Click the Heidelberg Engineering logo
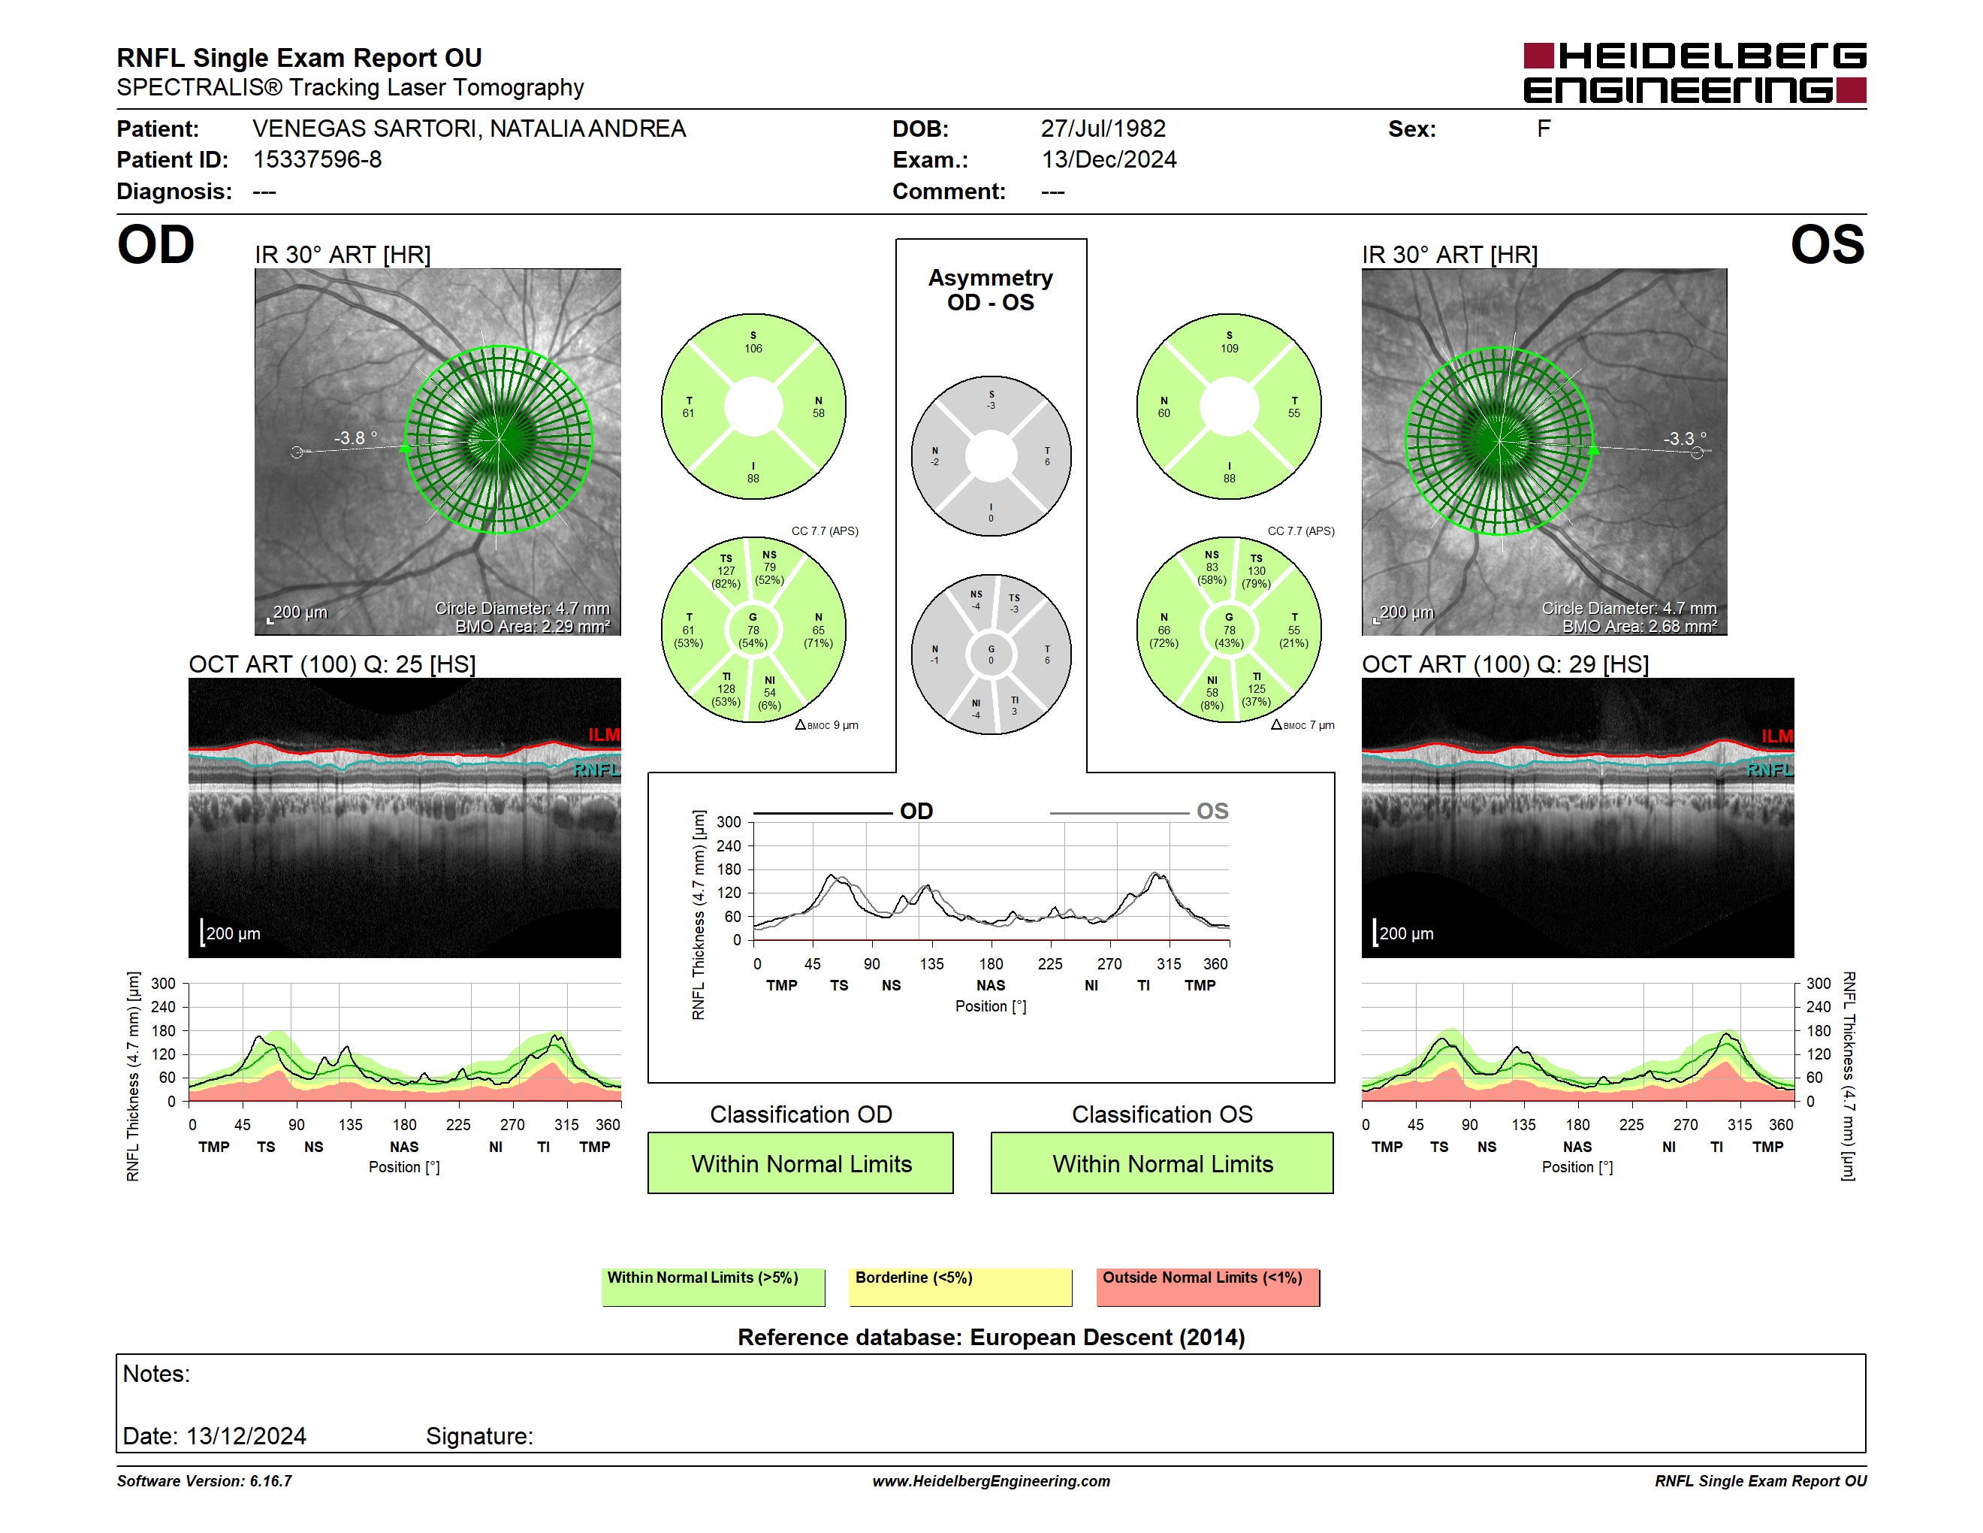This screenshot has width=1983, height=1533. pos(1695,73)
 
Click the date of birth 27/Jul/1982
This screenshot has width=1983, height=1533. pos(1103,129)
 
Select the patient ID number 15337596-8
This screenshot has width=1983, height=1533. pos(317,160)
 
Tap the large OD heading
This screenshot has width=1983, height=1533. pos(156,245)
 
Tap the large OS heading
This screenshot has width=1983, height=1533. pos(1828,245)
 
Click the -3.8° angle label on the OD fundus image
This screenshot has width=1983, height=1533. pos(355,438)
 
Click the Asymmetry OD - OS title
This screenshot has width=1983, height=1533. pos(991,290)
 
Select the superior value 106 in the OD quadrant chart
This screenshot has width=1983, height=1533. pos(753,349)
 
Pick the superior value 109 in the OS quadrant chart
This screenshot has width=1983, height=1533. pos(1230,349)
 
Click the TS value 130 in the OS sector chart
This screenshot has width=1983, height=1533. pos(1257,571)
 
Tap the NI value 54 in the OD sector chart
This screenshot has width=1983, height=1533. pos(770,693)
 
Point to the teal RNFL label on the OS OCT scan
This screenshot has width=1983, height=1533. pos(1770,770)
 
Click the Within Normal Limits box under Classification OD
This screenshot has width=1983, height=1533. pos(801,1163)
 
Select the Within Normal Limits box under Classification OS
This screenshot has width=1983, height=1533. pos(1162,1163)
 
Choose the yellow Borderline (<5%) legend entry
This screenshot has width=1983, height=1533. pos(961,1287)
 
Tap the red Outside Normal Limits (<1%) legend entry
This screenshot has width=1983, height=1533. pos(1208,1287)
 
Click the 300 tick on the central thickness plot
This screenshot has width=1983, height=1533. pos(729,823)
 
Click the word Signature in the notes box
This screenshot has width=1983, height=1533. pos(478,1437)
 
